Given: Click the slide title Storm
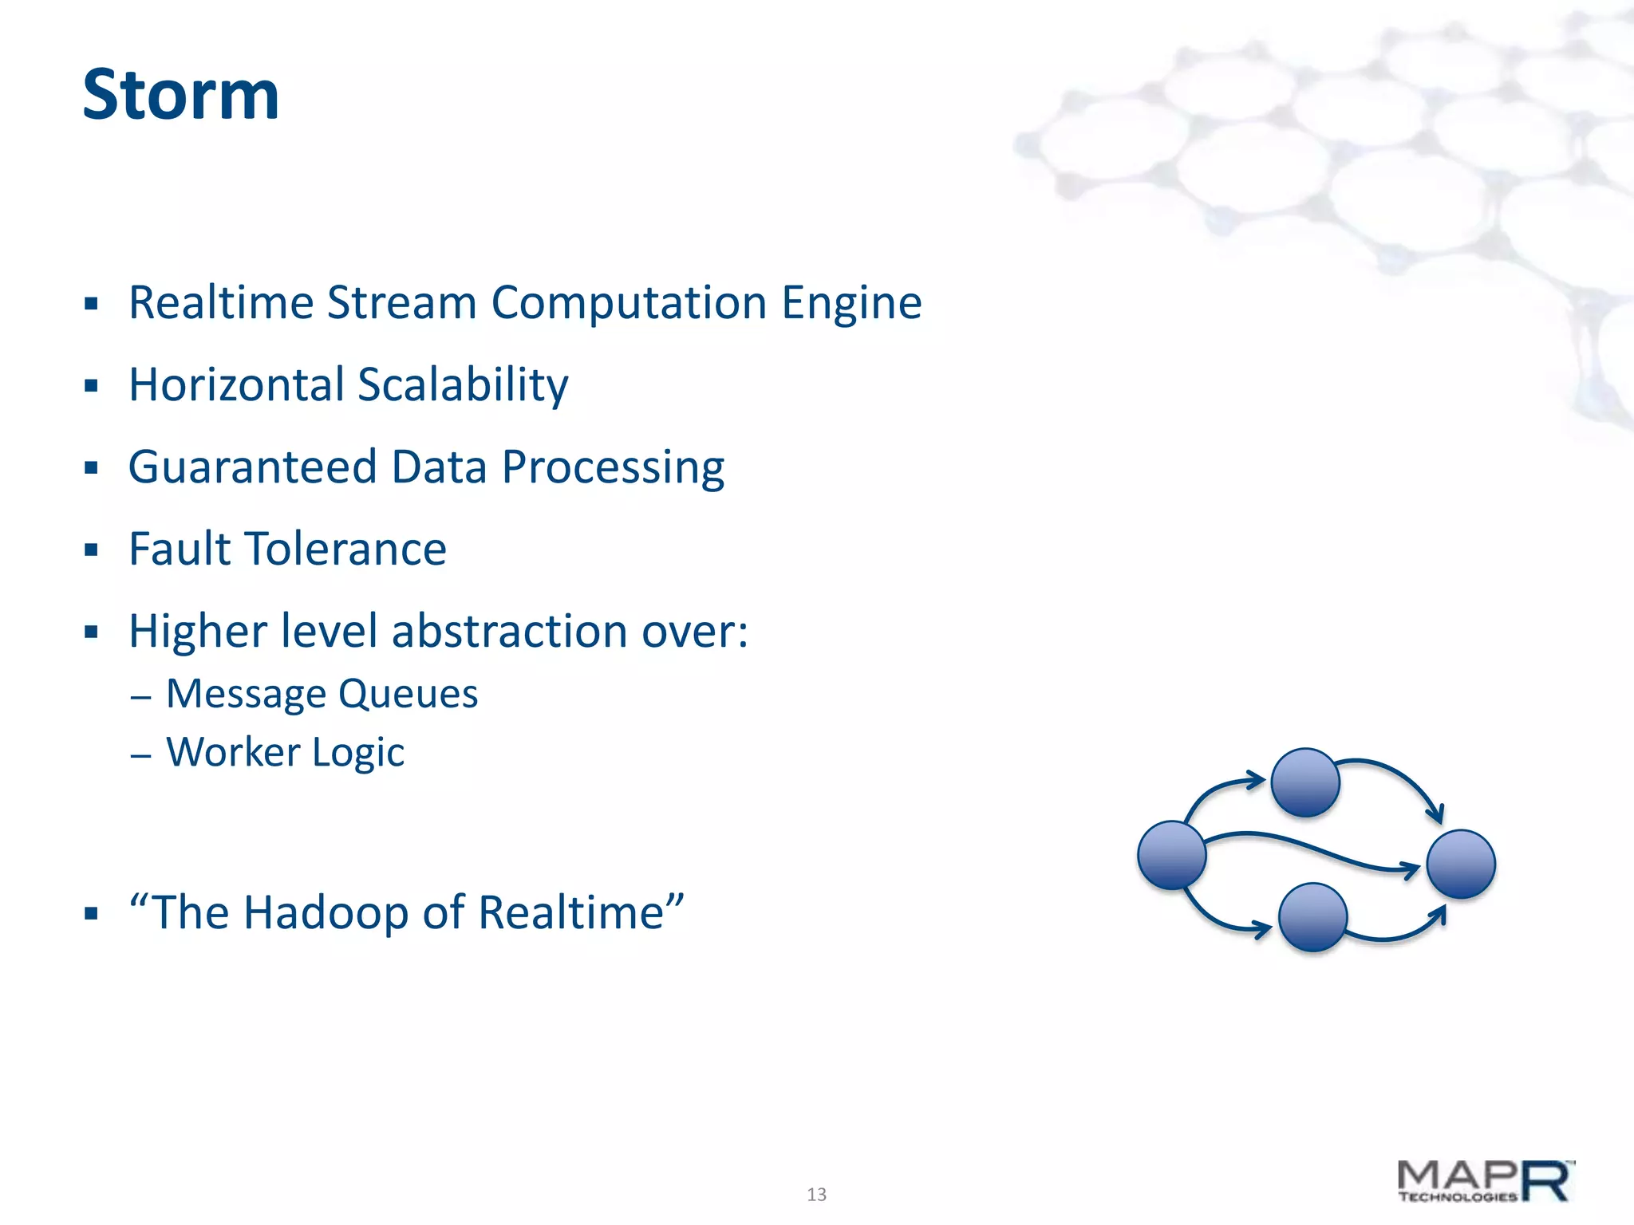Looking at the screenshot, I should point(181,95).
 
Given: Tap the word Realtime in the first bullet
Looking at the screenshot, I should point(220,303).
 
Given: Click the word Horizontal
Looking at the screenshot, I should point(235,385).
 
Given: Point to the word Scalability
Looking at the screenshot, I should point(463,387).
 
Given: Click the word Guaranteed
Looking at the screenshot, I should point(252,467).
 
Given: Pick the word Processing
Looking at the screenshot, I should point(613,469).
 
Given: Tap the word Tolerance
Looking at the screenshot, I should point(345,549).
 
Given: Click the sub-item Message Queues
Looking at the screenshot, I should point(322,694).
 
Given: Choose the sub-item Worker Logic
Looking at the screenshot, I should point(285,753).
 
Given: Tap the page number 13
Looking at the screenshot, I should point(816,1194).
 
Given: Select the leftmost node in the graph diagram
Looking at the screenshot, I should point(1171,855).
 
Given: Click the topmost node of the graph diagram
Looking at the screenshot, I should point(1305,782).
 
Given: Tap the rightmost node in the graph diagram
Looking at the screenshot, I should point(1461,864).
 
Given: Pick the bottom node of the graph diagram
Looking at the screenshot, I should point(1312,917).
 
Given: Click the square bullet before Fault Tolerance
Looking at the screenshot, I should point(92,550).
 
